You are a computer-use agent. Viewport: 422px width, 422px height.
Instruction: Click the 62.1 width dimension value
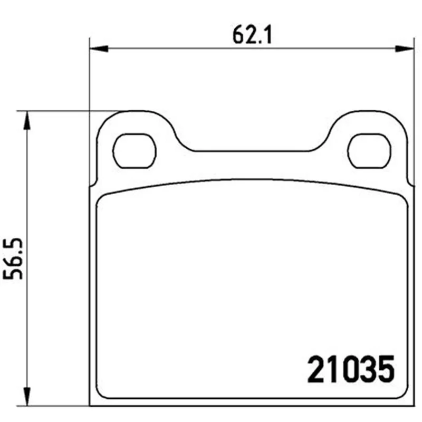coord(252,35)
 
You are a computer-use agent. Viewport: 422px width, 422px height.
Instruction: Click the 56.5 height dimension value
coord(13,258)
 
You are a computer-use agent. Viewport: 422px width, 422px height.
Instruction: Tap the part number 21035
coord(351,369)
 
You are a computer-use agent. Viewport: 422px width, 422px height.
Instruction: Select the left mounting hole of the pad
coord(135,151)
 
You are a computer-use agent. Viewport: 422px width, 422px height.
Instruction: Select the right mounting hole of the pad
coord(369,151)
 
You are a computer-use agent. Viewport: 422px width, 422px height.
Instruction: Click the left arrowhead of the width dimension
coord(99,49)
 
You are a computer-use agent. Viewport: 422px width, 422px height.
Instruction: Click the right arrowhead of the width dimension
coord(405,49)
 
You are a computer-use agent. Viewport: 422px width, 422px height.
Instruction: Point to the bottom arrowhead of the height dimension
coord(27,397)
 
